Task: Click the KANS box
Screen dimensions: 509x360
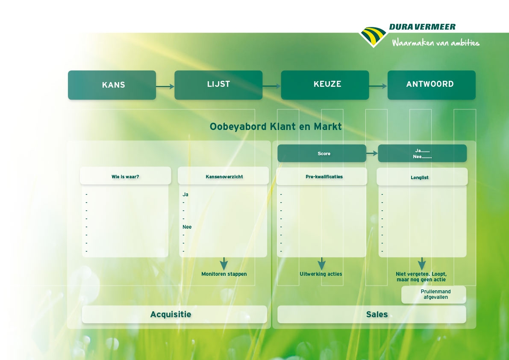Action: pos(112,85)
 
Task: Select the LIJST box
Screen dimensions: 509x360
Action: pos(218,85)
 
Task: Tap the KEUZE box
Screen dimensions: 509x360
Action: pos(325,85)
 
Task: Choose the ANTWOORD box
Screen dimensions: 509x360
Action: pos(431,85)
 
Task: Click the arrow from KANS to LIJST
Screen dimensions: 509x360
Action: pos(165,86)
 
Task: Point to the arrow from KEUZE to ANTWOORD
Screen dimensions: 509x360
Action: pos(378,86)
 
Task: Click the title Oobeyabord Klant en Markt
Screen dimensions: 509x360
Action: pos(276,127)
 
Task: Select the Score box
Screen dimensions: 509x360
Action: pos(322,153)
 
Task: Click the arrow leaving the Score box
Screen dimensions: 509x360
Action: pos(372,153)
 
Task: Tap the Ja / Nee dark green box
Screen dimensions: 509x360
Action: pos(422,153)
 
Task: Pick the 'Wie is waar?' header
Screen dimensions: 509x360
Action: pos(125,176)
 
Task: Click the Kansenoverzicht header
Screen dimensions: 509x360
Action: pos(224,176)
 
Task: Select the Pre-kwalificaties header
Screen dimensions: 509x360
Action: pos(322,176)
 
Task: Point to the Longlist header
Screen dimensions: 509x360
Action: pos(422,177)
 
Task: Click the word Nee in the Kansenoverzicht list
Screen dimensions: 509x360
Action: pos(187,227)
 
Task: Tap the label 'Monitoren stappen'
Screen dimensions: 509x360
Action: pos(224,274)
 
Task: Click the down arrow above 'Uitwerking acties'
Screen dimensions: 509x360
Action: pos(322,264)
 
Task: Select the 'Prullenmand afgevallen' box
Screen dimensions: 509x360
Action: pos(434,295)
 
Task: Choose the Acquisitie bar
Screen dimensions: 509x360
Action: pos(174,314)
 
